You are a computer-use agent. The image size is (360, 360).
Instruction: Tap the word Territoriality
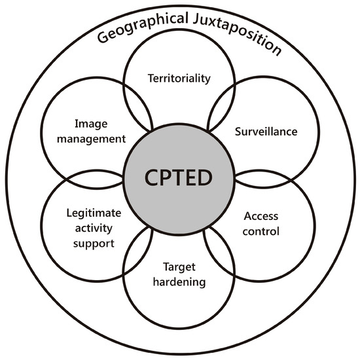(x=179, y=79)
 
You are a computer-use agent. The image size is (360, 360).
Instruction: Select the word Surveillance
(x=266, y=132)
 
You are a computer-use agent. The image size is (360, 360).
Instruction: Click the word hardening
(x=179, y=283)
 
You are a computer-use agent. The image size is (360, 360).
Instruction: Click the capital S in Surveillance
(x=238, y=132)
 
